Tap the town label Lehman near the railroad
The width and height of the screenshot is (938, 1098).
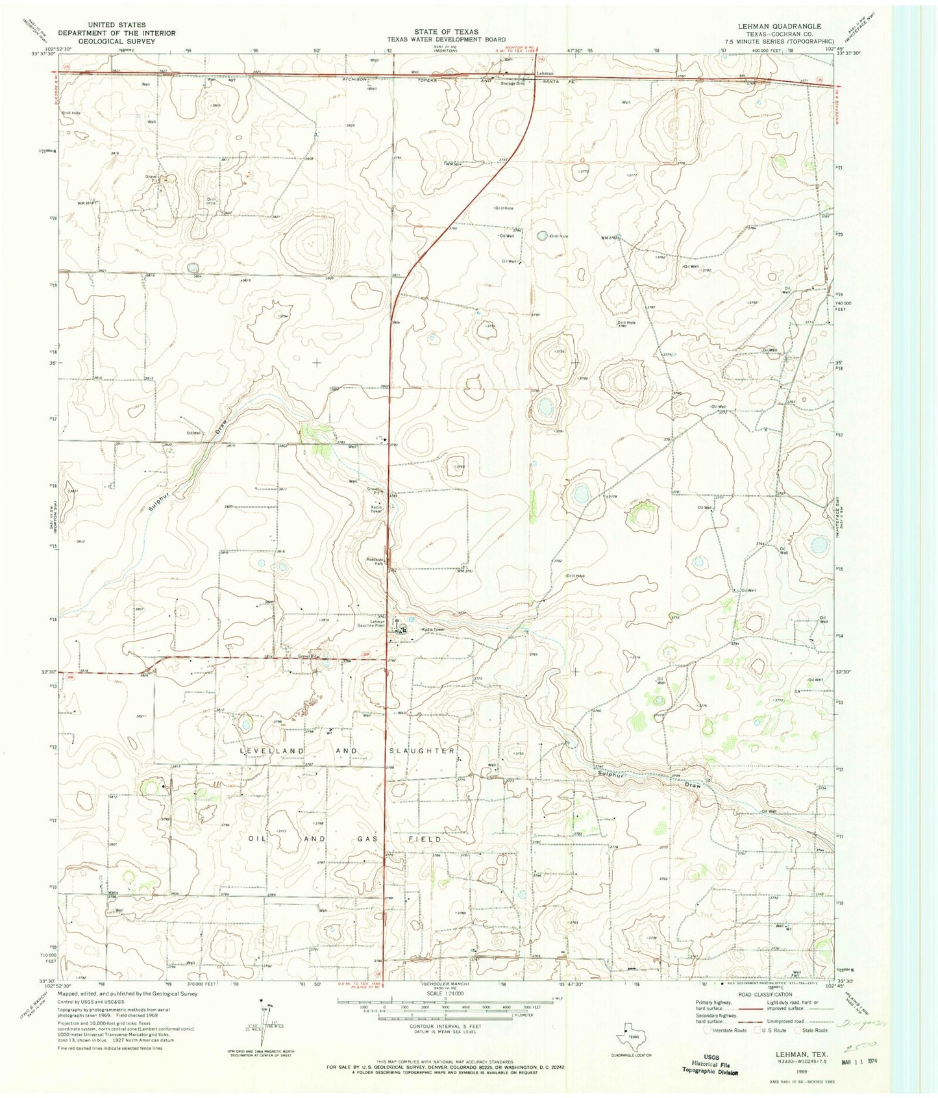click(545, 74)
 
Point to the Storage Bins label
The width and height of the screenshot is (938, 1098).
click(512, 84)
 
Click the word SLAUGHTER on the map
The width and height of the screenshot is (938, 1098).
click(422, 751)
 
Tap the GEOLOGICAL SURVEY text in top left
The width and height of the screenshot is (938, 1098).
click(106, 40)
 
